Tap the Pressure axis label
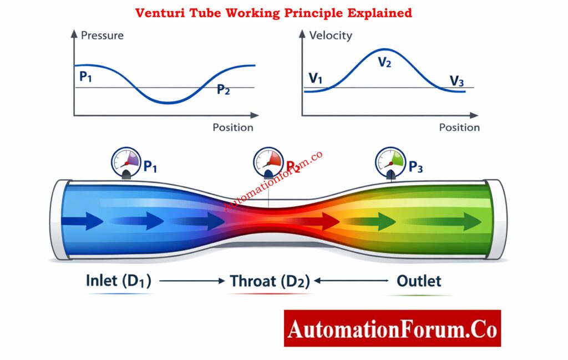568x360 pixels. coord(102,36)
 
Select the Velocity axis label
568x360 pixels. coord(331,36)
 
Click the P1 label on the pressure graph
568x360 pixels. coord(85,77)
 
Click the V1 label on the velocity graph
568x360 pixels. coord(315,78)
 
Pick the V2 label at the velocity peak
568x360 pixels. coord(384,62)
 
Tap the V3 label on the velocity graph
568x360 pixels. coord(457,82)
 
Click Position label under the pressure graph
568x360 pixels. coord(233,128)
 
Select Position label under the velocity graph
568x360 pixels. coord(459,128)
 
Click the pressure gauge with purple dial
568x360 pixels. coord(126,161)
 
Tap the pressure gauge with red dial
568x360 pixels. coord(269,161)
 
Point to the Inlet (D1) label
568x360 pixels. coord(118,281)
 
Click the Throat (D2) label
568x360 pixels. coord(270,281)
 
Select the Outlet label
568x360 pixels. coord(419,281)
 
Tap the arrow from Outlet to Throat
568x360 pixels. coord(351,281)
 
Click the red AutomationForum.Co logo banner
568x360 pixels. coord(392,328)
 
